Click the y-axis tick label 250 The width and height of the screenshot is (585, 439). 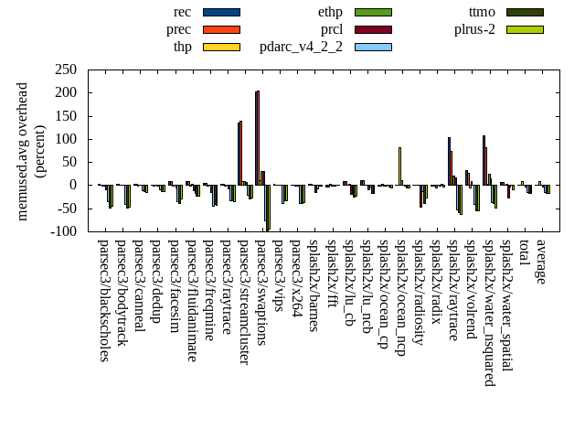[x=64, y=70]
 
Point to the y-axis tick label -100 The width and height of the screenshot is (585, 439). [x=61, y=231]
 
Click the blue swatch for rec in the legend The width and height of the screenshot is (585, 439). [x=221, y=12]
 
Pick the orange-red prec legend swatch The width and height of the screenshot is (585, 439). [x=221, y=29]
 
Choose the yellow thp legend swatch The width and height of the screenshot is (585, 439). [x=221, y=47]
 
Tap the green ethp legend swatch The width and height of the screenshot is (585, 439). [x=373, y=12]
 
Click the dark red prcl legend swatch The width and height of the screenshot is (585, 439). [x=373, y=29]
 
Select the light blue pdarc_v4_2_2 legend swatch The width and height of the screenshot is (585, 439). [x=373, y=47]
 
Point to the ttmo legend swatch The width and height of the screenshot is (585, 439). [x=525, y=12]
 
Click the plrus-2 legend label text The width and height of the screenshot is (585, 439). [x=474, y=29]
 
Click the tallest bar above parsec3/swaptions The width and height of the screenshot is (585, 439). [x=258, y=137]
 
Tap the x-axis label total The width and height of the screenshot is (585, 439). [x=524, y=253]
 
